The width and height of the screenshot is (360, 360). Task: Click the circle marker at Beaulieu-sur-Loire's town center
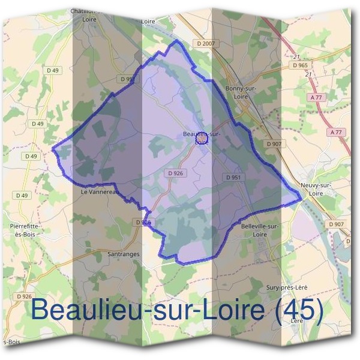click(201, 139)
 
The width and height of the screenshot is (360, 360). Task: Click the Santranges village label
click(123, 254)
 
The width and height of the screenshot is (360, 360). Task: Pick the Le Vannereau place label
click(96, 192)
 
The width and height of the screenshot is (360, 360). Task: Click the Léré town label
click(297, 321)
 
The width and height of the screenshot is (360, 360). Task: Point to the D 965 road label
click(299, 66)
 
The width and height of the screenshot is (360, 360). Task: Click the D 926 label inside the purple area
click(176, 173)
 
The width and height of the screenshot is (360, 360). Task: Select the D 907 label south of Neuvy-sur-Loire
click(336, 224)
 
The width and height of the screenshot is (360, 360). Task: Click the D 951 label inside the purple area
click(233, 178)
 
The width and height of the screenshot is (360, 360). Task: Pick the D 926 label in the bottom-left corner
click(24, 296)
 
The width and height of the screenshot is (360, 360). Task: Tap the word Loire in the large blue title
click(230, 310)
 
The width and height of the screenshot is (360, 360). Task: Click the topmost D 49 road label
click(54, 71)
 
